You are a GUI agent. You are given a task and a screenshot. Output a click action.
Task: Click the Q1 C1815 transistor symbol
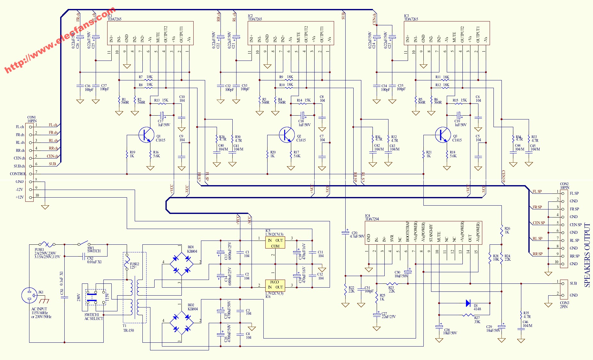click(x=146, y=135)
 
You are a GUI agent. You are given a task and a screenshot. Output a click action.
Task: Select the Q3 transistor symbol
click(x=443, y=135)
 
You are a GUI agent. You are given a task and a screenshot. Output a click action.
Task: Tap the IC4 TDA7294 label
click(x=372, y=217)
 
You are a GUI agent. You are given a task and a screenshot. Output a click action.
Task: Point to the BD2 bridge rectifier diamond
click(x=181, y=323)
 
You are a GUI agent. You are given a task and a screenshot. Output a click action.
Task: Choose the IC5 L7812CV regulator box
click(x=275, y=243)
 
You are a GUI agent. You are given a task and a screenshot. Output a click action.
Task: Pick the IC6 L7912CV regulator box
click(x=275, y=285)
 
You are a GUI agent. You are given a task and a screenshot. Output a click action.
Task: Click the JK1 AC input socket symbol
click(x=29, y=295)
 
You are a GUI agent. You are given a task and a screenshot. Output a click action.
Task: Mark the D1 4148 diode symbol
click(x=468, y=303)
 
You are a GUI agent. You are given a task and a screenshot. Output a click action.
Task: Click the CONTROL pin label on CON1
click(x=18, y=174)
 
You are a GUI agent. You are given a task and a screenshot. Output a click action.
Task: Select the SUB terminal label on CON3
click(x=573, y=283)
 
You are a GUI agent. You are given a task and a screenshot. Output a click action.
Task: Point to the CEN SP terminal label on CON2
click(x=575, y=225)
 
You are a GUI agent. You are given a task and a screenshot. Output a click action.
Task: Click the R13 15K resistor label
click(x=161, y=100)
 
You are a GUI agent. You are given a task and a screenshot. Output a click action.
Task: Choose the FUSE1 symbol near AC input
click(x=47, y=244)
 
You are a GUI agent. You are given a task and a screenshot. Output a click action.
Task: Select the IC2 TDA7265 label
click(x=255, y=18)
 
